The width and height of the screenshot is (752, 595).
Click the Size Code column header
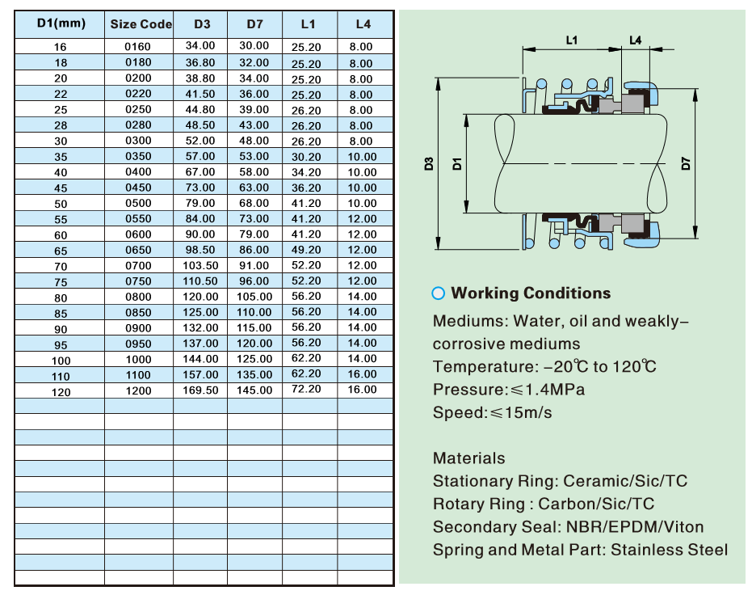[141, 24]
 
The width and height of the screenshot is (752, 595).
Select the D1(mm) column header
[61, 23]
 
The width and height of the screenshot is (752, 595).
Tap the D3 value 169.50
[200, 390]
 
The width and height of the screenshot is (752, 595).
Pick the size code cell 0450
[138, 188]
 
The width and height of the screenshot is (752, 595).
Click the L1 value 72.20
[306, 389]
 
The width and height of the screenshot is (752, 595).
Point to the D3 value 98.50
[200, 250]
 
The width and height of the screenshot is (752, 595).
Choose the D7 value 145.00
[254, 390]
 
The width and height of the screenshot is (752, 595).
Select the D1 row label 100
[61, 361]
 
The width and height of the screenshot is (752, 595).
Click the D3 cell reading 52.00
[200, 141]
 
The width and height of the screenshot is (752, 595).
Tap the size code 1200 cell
[138, 390]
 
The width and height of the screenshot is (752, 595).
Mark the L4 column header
[363, 24]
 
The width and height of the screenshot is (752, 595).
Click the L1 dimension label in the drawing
[572, 40]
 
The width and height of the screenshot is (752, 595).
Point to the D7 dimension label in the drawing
[686, 163]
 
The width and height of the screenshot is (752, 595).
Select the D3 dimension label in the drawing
[429, 163]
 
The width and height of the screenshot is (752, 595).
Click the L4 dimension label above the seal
[636, 40]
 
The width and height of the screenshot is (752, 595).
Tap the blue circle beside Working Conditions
[439, 293]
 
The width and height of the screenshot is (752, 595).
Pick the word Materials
[469, 458]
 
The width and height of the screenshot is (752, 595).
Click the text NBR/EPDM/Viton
[635, 527]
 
